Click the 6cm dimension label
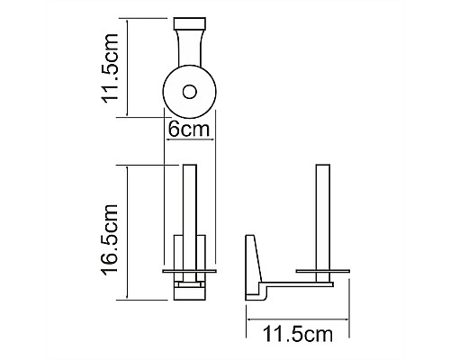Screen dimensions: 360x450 coord(189,129)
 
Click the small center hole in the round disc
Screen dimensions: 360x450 coord(189,91)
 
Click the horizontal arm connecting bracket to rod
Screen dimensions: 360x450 coord(297,283)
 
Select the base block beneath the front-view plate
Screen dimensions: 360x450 coord(189,290)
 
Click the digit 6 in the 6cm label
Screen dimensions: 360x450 coord(174,129)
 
